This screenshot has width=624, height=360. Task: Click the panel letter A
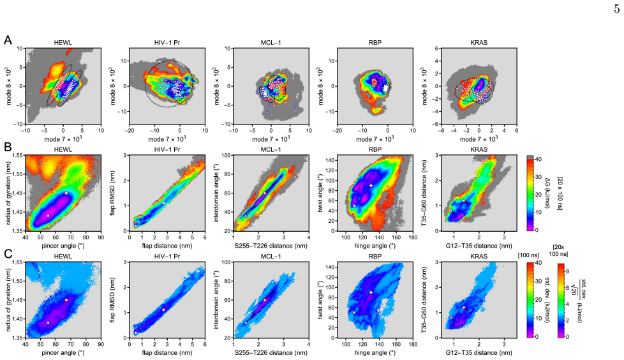[x=8, y=40]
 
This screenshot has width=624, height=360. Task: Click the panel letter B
[x=8, y=147]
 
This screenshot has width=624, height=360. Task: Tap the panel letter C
[x=8, y=253]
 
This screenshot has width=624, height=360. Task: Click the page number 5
[x=616, y=9]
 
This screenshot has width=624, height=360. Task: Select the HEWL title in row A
[x=63, y=43]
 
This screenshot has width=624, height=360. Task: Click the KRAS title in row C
[x=479, y=257]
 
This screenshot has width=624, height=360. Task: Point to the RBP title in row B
[x=375, y=150]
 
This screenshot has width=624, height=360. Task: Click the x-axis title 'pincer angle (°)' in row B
[x=63, y=246]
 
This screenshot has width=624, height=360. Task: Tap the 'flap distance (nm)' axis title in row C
[x=167, y=352]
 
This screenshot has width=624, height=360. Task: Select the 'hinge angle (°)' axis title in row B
[x=375, y=246]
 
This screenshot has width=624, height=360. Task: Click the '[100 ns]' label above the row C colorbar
[x=528, y=255]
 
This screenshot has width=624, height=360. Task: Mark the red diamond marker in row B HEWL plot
[x=66, y=193]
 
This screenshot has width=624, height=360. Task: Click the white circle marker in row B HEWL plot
[x=48, y=216]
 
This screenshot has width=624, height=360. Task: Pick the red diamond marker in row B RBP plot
[x=371, y=186]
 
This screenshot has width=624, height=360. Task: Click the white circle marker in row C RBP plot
[x=354, y=312]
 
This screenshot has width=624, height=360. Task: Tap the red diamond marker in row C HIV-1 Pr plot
[x=163, y=310]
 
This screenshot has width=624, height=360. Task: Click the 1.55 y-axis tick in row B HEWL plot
[x=17, y=155]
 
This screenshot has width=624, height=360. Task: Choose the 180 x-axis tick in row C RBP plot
[x=413, y=345]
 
